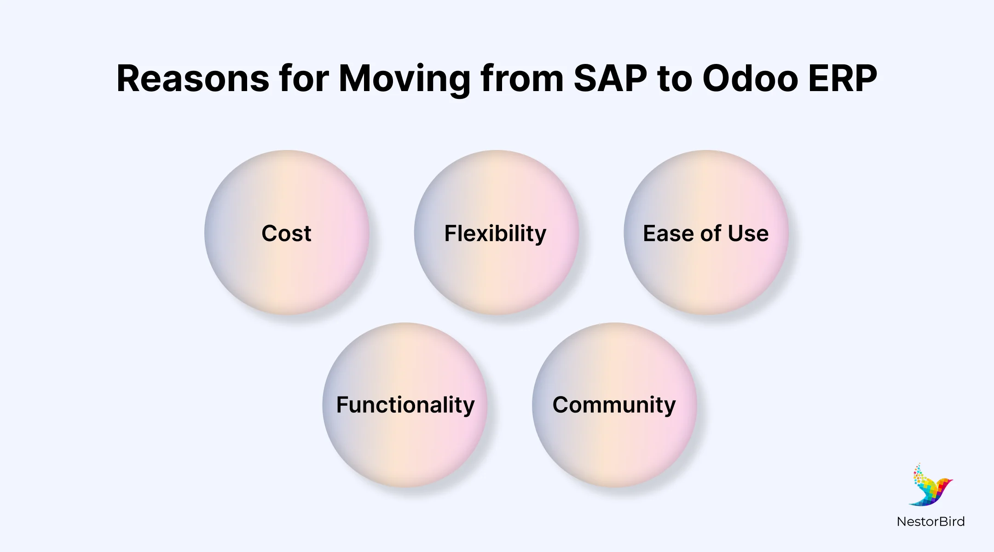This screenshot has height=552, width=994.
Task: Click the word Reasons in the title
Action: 193,78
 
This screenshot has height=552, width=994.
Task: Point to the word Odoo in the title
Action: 750,78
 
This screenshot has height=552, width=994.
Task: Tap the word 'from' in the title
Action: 522,78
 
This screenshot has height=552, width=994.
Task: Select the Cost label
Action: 286,233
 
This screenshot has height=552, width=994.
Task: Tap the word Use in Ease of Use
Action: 748,233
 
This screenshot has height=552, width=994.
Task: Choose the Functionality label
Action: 405,406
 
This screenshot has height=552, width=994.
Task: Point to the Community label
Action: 614,406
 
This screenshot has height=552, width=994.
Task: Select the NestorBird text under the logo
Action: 930,522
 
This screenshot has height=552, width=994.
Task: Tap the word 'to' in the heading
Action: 675,78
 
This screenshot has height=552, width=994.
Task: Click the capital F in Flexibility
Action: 451,233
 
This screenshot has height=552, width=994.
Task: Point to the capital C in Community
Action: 561,405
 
